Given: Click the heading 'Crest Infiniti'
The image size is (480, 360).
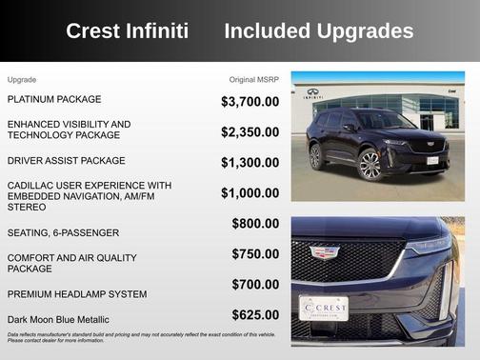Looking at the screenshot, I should tap(133, 31).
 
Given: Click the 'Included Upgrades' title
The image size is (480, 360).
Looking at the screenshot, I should tap(318, 31).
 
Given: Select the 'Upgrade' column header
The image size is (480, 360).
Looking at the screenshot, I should tap(22, 79).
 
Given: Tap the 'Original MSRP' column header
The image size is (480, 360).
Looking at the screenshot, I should tap(254, 79).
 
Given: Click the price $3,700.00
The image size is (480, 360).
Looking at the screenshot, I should tap(250, 101).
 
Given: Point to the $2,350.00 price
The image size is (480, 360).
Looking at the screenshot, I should tap(250, 132).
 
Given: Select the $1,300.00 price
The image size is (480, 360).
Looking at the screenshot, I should tap(250, 163).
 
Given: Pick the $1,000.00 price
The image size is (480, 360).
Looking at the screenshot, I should tap(250, 193).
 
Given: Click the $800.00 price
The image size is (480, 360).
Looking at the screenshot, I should tap(255, 224).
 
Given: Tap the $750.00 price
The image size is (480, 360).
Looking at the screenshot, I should tap(255, 254).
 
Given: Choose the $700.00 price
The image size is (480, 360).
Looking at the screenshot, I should tap(255, 285).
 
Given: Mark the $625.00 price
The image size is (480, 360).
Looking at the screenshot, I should tap(255, 315).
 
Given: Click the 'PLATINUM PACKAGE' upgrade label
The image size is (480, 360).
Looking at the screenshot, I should tap(54, 99).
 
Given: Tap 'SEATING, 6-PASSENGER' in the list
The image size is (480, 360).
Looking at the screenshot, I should tap(64, 232).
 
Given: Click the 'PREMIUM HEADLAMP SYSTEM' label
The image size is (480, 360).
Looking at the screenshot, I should tap(77, 294).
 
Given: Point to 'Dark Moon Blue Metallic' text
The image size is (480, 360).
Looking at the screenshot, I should tap(58, 319).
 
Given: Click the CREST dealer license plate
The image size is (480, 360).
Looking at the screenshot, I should tap(324, 309).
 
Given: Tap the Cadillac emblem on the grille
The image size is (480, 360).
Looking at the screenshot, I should tap(325, 252).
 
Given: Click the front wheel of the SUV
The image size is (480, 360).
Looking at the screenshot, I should tap(370, 165).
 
